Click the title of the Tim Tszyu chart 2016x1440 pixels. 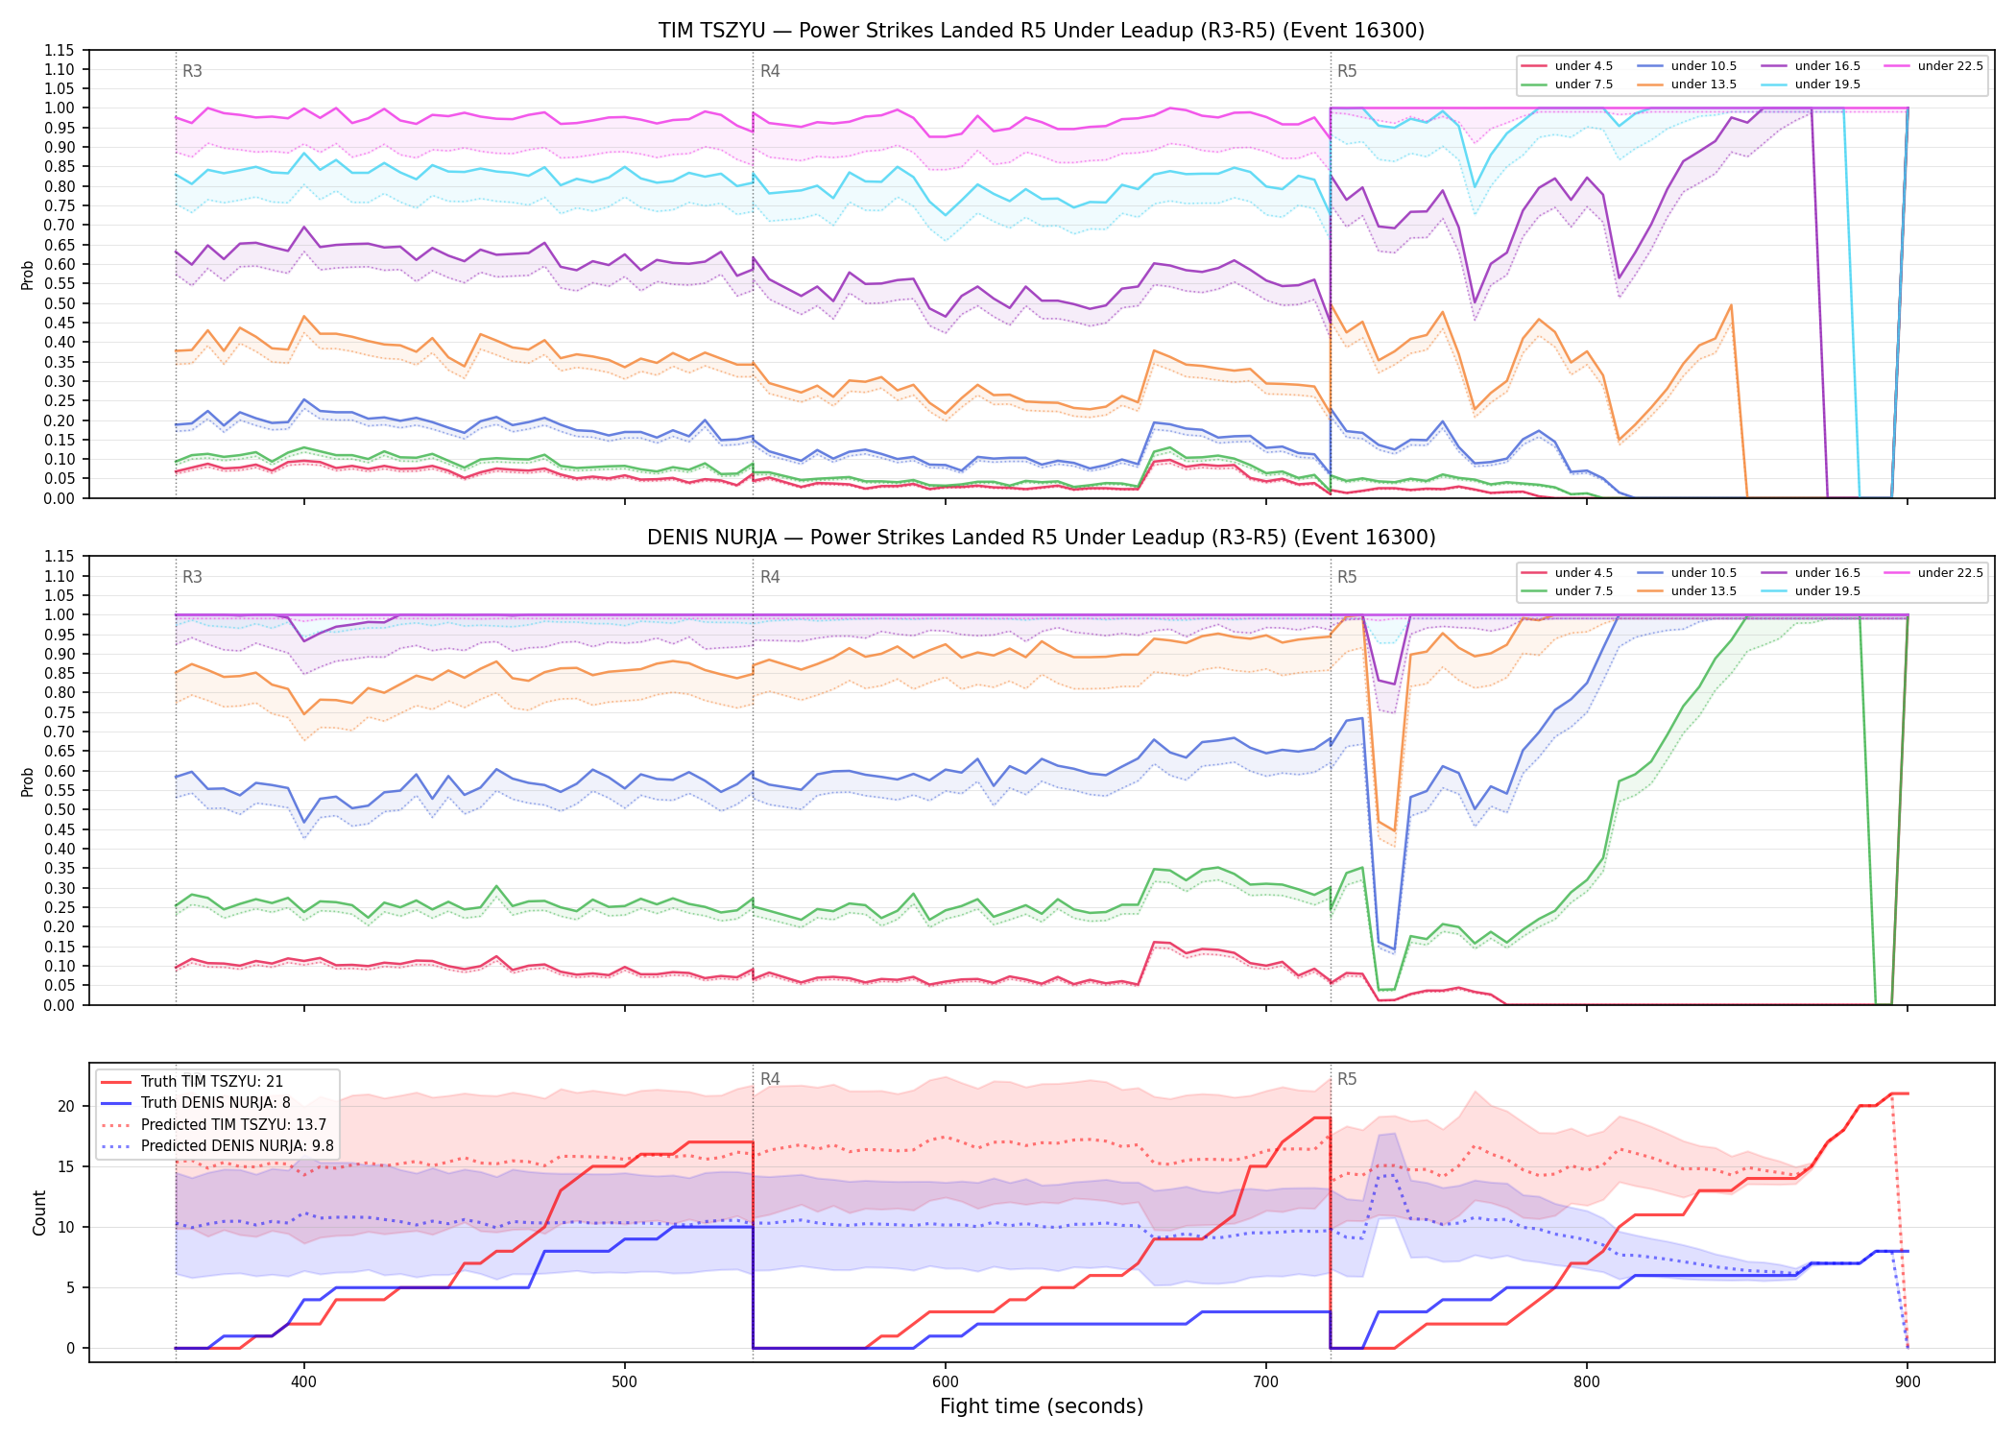pyautogui.click(x=1042, y=31)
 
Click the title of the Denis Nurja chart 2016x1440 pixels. pyautogui.click(x=1042, y=538)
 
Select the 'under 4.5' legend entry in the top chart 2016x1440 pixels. pyautogui.click(x=1568, y=66)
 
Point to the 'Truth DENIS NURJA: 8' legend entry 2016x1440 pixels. pyautogui.click(x=196, y=1103)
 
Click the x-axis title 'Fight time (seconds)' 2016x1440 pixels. pyautogui.click(x=1042, y=1406)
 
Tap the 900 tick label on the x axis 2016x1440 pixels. pyautogui.click(x=1908, y=1381)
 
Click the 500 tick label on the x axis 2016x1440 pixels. pyautogui.click(x=625, y=1381)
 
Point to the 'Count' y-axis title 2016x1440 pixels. pyautogui.click(x=39, y=1212)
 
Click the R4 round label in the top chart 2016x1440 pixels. pyautogui.click(x=770, y=71)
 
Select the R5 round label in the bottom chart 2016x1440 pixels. pyautogui.click(x=1347, y=1079)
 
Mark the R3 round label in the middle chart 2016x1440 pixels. pyautogui.click(x=192, y=577)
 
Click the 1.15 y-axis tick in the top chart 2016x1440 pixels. pyautogui.click(x=60, y=50)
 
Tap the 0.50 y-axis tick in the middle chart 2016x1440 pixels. pyautogui.click(x=60, y=809)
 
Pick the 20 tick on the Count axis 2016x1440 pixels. pyautogui.click(x=65, y=1106)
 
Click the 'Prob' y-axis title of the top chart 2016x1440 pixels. pyautogui.click(x=28, y=275)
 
